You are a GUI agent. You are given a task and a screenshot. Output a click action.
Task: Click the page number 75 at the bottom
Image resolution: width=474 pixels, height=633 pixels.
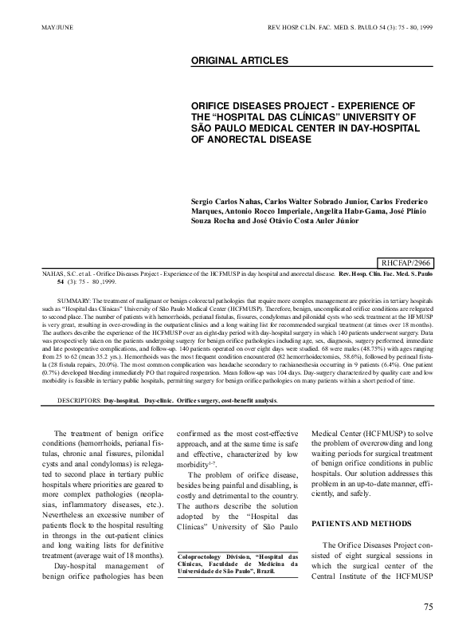coord(428,607)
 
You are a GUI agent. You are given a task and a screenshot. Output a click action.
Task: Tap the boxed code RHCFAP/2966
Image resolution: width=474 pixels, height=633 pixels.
coord(405,261)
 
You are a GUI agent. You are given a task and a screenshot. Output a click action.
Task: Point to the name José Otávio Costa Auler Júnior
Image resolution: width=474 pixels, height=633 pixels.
coord(288,222)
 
